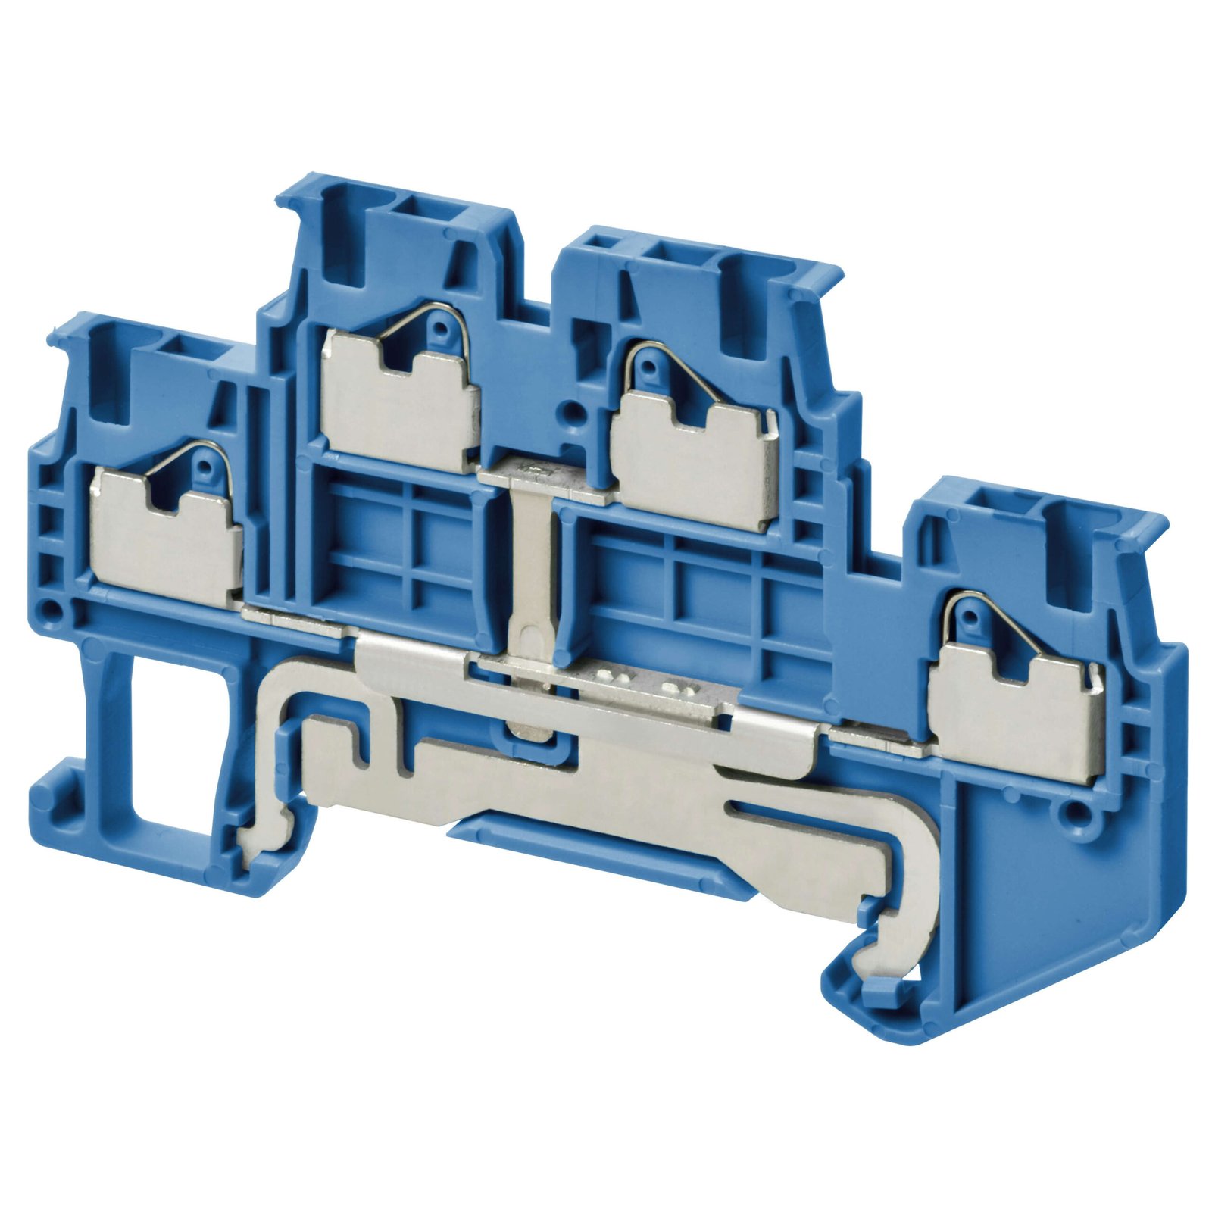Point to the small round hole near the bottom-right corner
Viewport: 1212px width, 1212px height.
click(x=1071, y=815)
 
